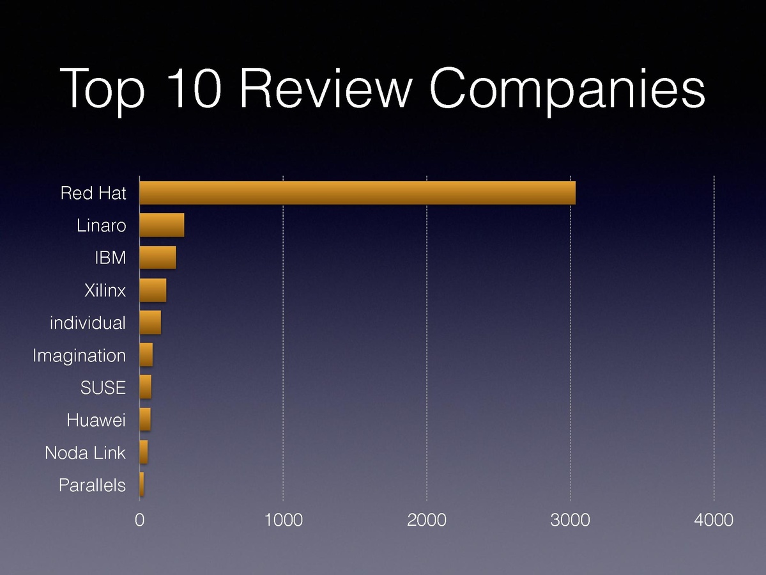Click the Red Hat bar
point(357,193)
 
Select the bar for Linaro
point(162,225)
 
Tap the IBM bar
point(157,258)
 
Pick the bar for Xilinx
point(153,290)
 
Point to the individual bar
point(150,323)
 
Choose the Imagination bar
point(146,355)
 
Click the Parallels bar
point(142,485)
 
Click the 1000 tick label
point(283,520)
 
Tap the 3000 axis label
point(571,520)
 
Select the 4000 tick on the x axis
point(714,520)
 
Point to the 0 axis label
point(139,520)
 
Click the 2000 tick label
point(427,520)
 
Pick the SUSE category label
point(103,388)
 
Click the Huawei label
point(96,420)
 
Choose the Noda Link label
point(85,453)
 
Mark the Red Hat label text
point(93,193)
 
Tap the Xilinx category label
point(105,290)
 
